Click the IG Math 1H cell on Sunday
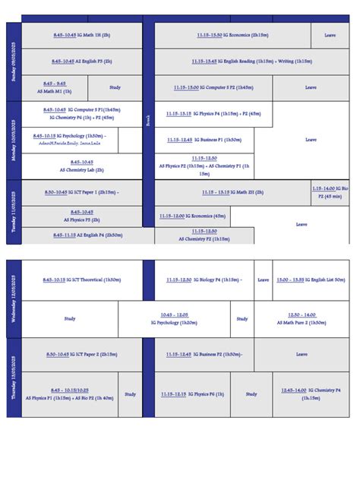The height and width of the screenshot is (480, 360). [x=81, y=36]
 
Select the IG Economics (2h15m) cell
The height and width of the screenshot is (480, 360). [x=232, y=36]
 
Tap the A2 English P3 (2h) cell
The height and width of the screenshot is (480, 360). [x=81, y=62]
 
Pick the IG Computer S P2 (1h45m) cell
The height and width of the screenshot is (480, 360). [x=213, y=87]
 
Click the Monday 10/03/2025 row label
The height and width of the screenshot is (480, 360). [x=14, y=140]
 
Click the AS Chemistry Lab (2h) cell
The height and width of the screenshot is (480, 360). [x=81, y=166]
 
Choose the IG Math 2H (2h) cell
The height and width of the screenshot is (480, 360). [x=232, y=192]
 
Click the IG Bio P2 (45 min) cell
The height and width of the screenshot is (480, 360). [x=330, y=192]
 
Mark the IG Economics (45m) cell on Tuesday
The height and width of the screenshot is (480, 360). [x=192, y=216]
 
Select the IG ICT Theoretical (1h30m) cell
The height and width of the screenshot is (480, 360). [x=81, y=279]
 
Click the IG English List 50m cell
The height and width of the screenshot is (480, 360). [x=311, y=279]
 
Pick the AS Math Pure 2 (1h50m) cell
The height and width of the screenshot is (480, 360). [x=302, y=319]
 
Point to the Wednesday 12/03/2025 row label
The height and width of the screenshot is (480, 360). [x=14, y=299]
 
